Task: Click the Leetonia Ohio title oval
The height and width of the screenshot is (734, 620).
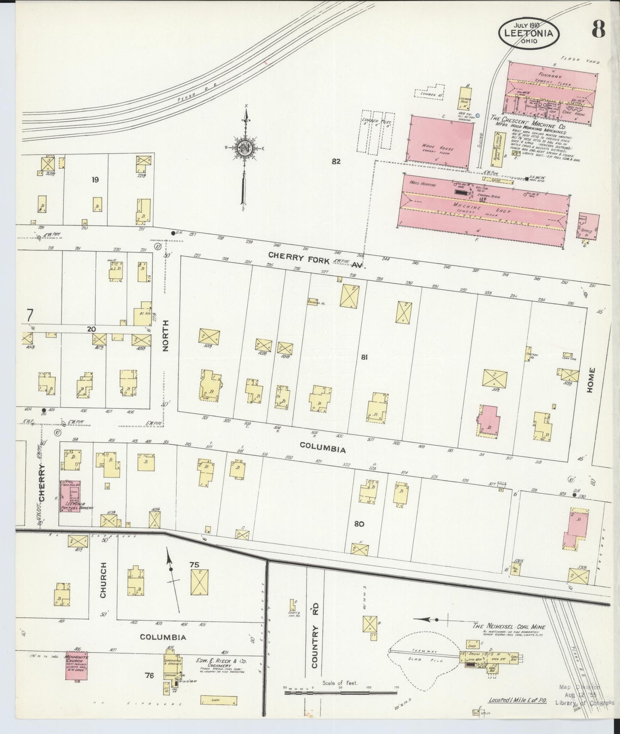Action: [x=529, y=32]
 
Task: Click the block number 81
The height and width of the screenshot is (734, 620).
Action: [x=364, y=357]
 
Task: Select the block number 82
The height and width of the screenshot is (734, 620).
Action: [x=336, y=161]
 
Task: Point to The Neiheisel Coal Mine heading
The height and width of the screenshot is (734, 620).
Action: [x=508, y=626]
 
